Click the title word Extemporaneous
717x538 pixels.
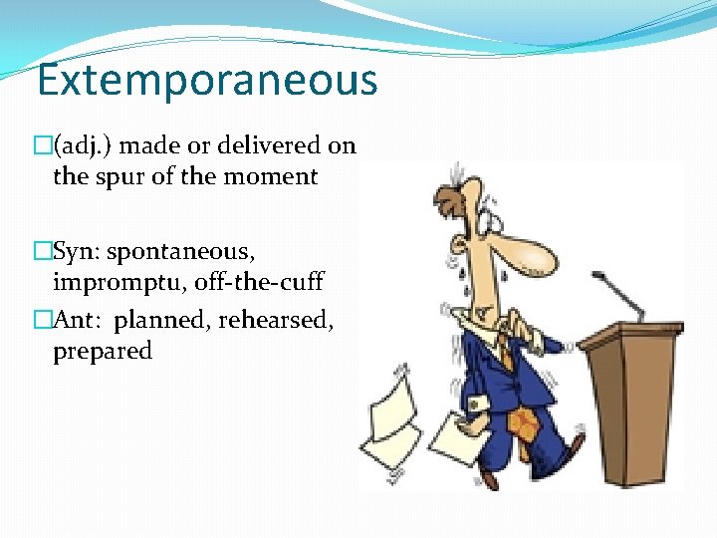click(207, 80)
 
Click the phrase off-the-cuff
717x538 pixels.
click(258, 282)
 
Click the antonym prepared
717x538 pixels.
click(103, 351)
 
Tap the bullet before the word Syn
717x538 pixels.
click(42, 250)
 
